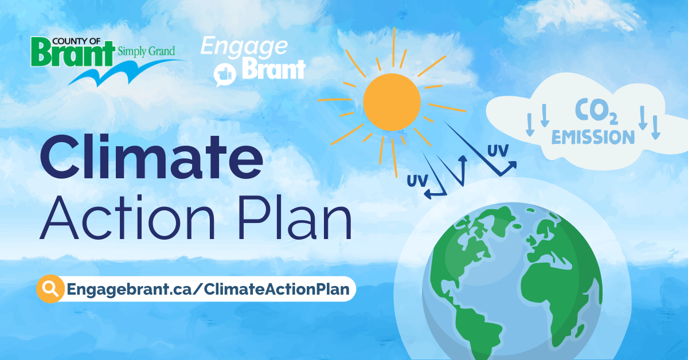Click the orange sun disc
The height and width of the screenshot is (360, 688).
(x=392, y=102)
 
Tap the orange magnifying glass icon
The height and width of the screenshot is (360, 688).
(x=50, y=289)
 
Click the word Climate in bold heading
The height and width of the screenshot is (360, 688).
(x=151, y=157)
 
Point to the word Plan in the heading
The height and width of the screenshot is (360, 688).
(x=295, y=217)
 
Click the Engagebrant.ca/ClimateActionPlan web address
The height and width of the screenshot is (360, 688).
(x=208, y=289)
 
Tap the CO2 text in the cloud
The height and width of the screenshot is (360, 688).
(x=596, y=112)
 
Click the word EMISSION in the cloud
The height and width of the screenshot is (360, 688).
(x=593, y=137)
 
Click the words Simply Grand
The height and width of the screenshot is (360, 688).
(x=146, y=51)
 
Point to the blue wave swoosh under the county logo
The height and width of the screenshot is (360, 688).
(x=127, y=73)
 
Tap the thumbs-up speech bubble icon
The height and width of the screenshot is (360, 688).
(x=225, y=75)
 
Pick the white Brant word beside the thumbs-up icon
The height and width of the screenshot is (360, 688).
(x=273, y=69)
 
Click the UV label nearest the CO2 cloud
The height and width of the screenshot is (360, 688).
(x=498, y=151)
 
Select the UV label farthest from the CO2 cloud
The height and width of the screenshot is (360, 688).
(x=417, y=181)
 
